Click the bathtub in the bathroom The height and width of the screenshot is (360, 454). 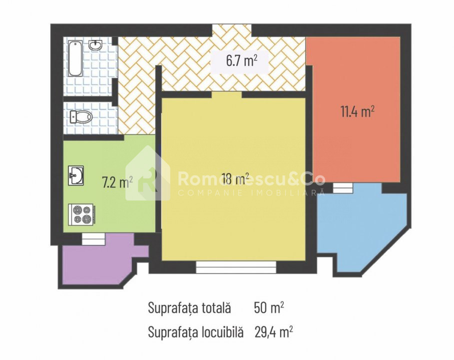click(x=75, y=58)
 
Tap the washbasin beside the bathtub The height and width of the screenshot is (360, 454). click(x=95, y=45)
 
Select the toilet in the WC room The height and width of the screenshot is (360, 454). click(x=81, y=117)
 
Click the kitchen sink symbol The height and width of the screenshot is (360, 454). click(x=76, y=175)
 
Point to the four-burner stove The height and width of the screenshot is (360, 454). click(x=81, y=214)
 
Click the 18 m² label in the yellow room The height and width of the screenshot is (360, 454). click(x=235, y=178)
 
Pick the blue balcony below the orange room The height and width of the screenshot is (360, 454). click(x=362, y=229)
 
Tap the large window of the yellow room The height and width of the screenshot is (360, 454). click(x=236, y=267)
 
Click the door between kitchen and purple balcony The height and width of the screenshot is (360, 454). click(x=93, y=239)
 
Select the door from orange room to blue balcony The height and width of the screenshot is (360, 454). click(x=343, y=188)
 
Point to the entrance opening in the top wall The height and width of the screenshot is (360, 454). click(x=232, y=30)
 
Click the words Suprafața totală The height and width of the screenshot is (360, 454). click(x=189, y=308)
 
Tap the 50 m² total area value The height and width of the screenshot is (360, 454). click(x=269, y=308)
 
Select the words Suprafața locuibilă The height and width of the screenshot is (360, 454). click(x=195, y=332)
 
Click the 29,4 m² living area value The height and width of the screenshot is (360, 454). click(x=274, y=332)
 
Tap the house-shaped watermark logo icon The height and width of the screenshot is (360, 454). click(x=148, y=173)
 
